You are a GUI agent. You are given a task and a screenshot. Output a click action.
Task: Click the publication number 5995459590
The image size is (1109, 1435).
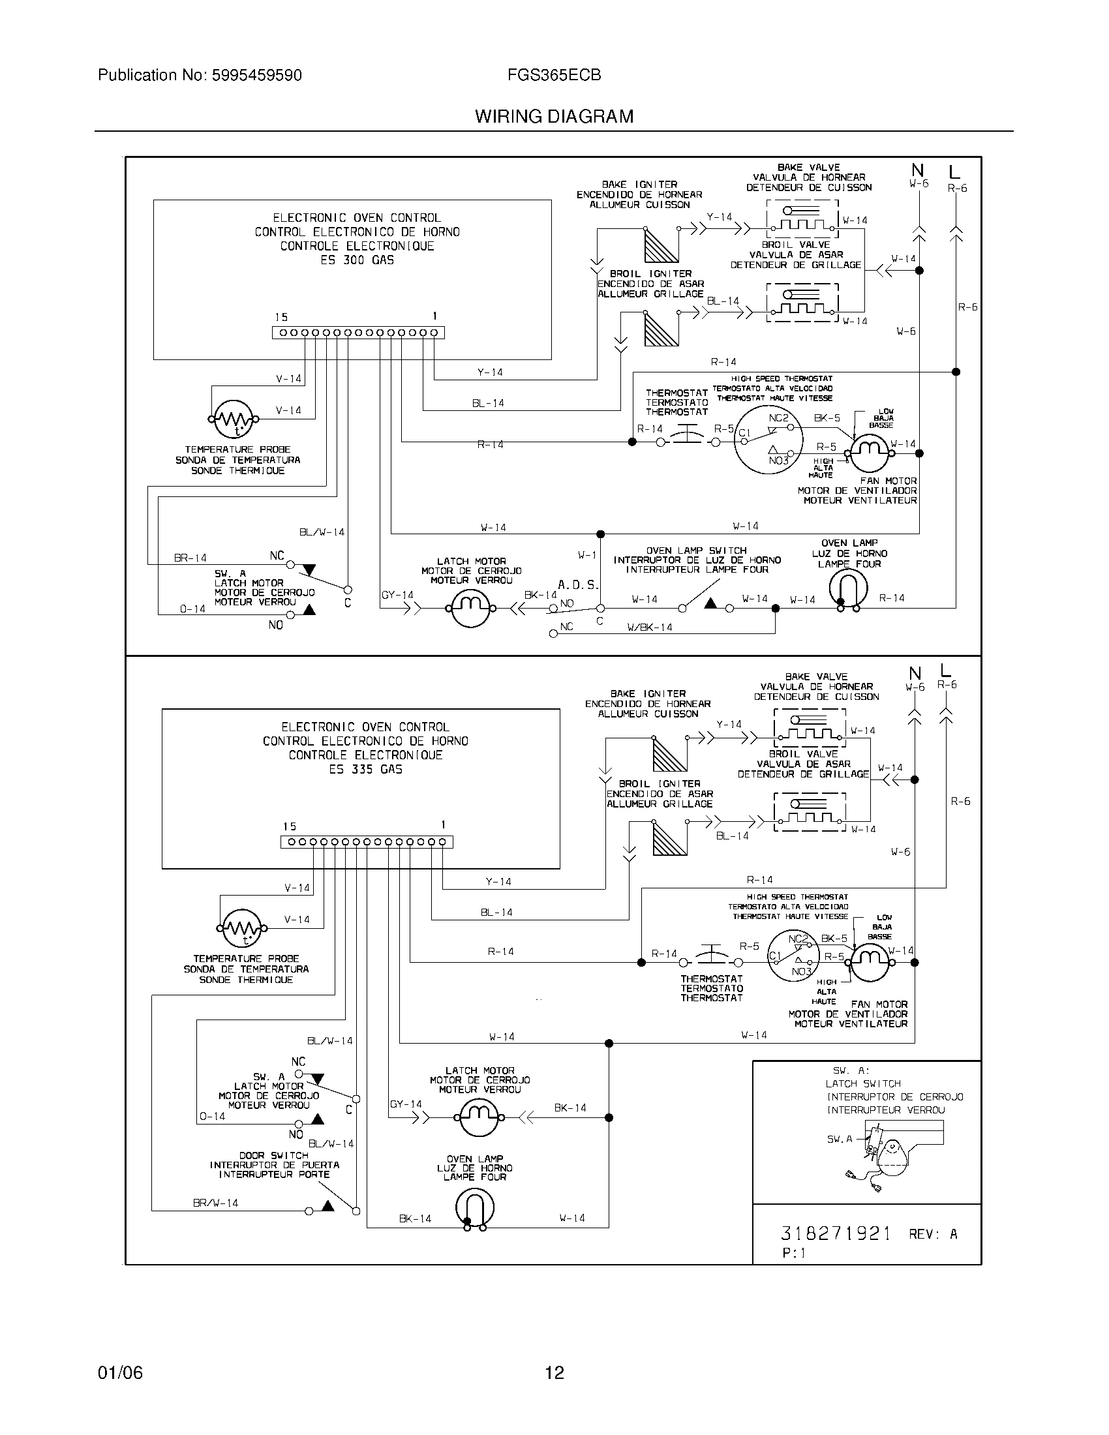click(x=256, y=76)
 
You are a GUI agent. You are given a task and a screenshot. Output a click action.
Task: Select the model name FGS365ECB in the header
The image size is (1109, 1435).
click(x=554, y=76)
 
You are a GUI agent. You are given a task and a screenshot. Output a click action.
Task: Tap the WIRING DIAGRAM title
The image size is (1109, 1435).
click(x=554, y=117)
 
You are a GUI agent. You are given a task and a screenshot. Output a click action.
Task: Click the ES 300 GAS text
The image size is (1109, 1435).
click(x=357, y=260)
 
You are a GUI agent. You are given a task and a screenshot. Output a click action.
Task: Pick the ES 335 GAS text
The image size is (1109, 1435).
click(x=365, y=770)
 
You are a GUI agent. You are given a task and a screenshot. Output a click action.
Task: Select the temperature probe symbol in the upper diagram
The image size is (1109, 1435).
click(x=235, y=419)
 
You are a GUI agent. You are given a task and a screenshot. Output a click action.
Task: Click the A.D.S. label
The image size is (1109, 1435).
click(x=578, y=585)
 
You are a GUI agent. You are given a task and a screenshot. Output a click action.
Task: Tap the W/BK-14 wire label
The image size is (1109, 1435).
click(x=650, y=627)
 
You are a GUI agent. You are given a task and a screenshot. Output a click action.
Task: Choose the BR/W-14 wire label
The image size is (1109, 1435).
click(x=215, y=1203)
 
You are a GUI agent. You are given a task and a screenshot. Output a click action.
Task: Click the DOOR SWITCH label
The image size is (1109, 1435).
click(x=274, y=1155)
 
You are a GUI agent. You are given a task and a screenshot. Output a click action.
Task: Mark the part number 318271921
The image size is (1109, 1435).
click(x=836, y=1233)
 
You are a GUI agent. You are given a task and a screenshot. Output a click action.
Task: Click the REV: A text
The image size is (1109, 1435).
click(x=933, y=1235)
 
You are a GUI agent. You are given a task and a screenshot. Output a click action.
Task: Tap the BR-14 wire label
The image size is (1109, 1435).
click(x=190, y=558)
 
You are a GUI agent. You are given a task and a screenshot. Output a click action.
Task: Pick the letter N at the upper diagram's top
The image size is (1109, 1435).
click(x=917, y=171)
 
